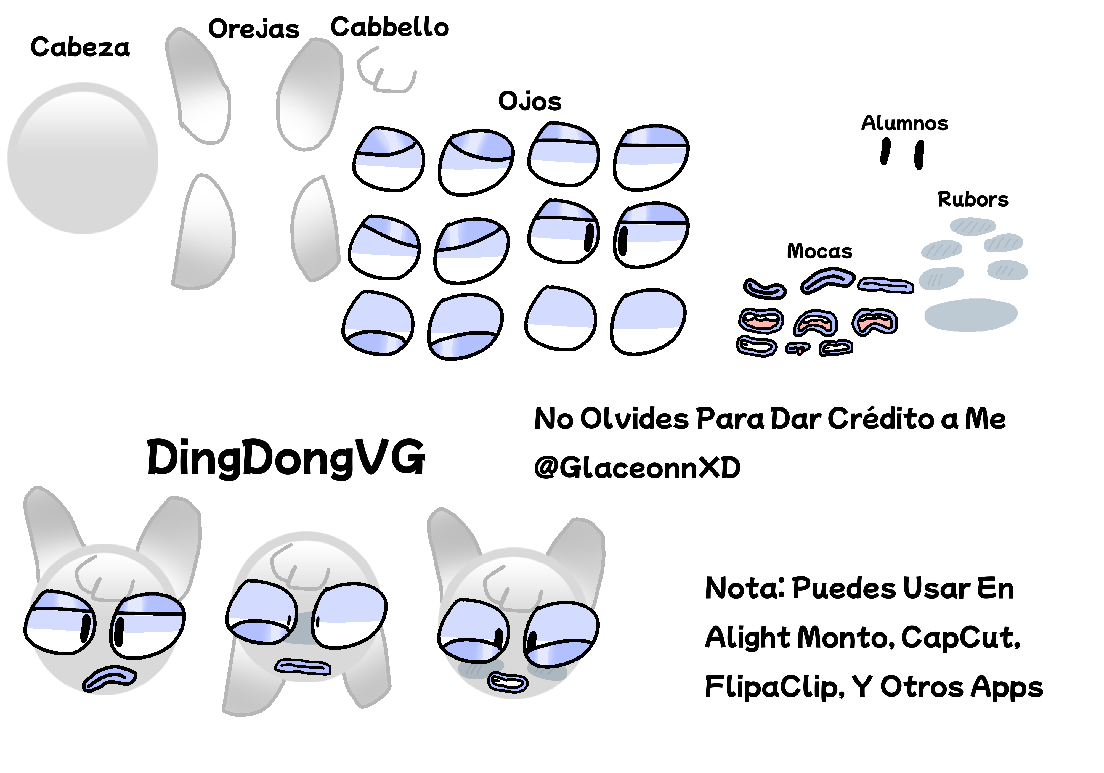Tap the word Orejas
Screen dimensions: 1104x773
tap(254, 29)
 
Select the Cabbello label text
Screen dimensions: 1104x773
tap(389, 27)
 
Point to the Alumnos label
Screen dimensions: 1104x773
tap(904, 123)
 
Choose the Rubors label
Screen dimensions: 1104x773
tap(973, 199)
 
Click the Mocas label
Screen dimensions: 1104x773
tap(819, 251)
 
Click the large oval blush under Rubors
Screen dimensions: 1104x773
tap(971, 315)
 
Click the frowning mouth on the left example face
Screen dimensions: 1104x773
tap(110, 679)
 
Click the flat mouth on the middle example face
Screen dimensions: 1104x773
tap(303, 667)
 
